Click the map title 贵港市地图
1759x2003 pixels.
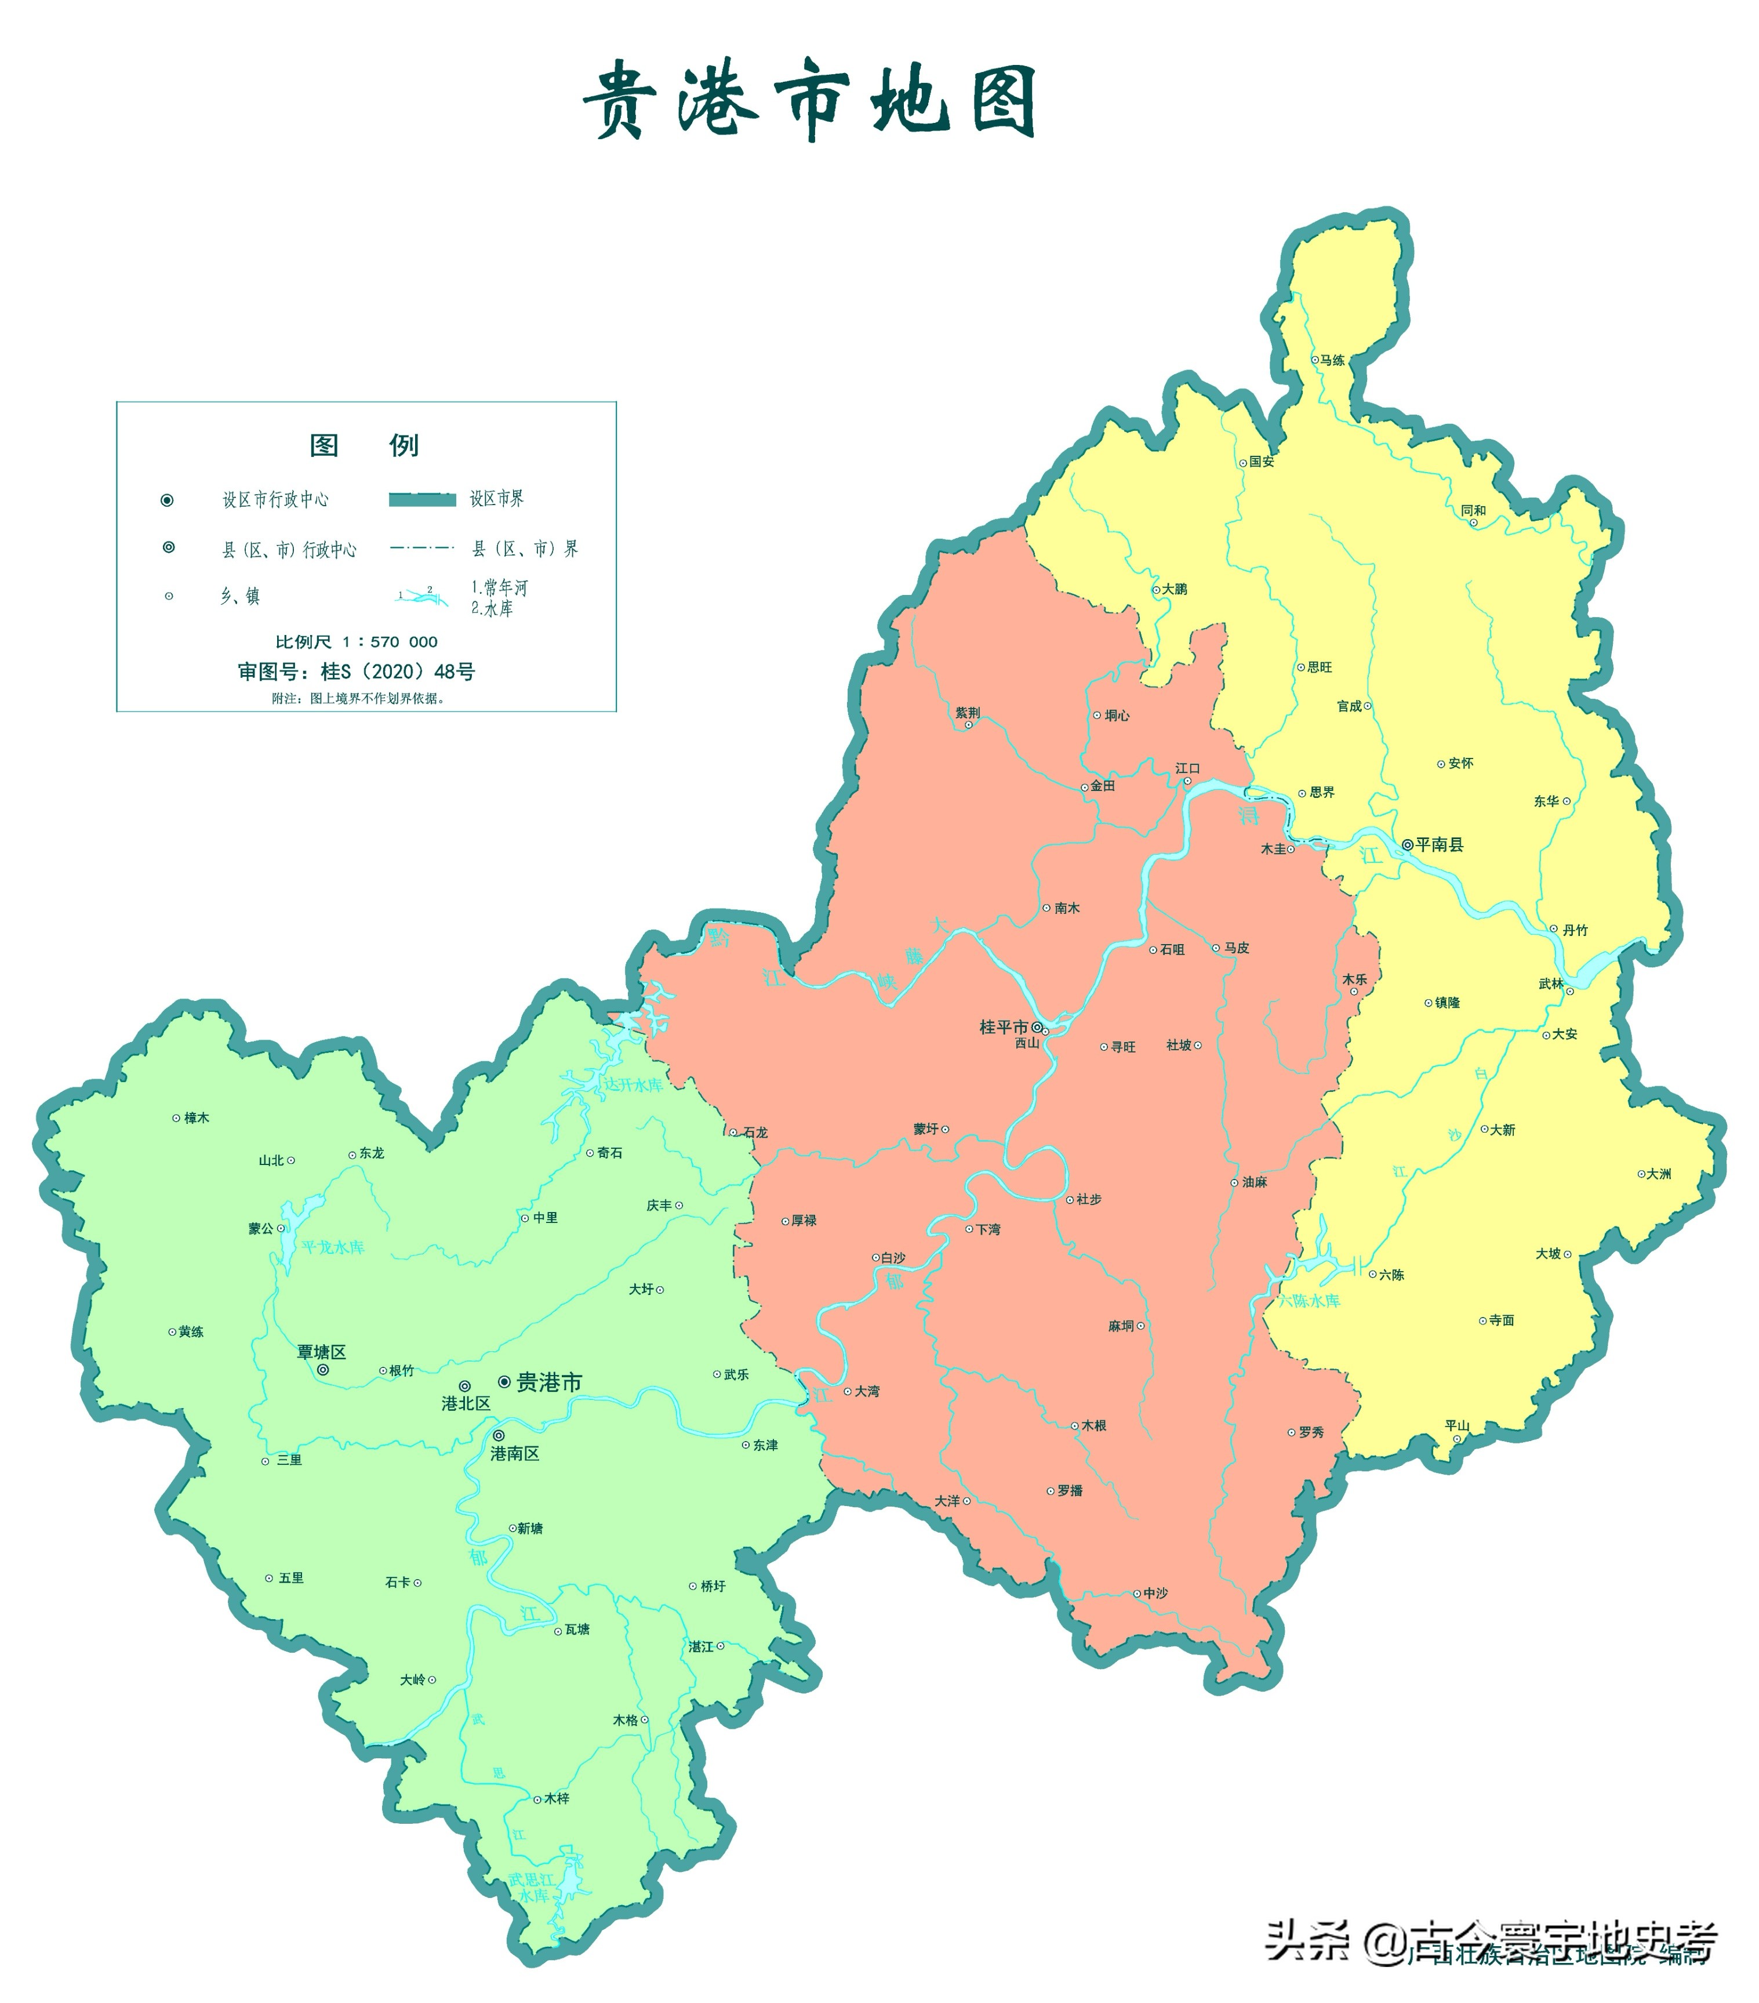pyautogui.click(x=809, y=99)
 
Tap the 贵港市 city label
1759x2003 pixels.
pyautogui.click(x=549, y=1382)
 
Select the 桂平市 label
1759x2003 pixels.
pyautogui.click(x=1004, y=1027)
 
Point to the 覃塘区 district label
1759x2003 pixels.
pyautogui.click(x=321, y=1352)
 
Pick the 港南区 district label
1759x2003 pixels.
pyautogui.click(x=514, y=1453)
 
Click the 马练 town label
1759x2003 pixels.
pyautogui.click(x=1332, y=361)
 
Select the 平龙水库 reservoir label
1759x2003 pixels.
pyautogui.click(x=333, y=1247)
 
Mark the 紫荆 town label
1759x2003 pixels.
pyautogui.click(x=967, y=713)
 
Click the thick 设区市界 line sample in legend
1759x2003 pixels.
pyautogui.click(x=422, y=500)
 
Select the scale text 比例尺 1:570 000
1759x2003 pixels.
pyautogui.click(x=356, y=642)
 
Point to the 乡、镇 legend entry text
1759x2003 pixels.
pyautogui.click(x=240, y=596)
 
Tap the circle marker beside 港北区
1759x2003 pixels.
pyautogui.click(x=464, y=1387)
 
